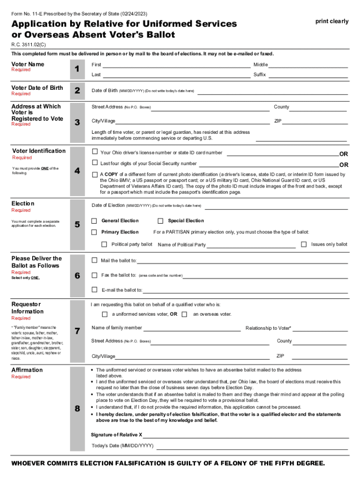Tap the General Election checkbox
(x=94, y=221)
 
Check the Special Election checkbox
(x=160, y=221)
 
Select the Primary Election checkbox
(x=94, y=232)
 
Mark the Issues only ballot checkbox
(x=304, y=244)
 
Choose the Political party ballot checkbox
(x=104, y=244)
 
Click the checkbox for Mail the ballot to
(x=94, y=260)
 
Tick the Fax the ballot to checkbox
(x=94, y=275)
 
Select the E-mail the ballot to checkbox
(x=94, y=290)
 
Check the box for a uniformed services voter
(x=105, y=314)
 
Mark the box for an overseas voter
(x=184, y=314)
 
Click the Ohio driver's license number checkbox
(x=94, y=152)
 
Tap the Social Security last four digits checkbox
(x=94, y=163)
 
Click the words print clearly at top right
(x=332, y=21)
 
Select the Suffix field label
(x=259, y=75)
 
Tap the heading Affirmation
(x=27, y=370)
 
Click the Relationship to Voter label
(x=268, y=328)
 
